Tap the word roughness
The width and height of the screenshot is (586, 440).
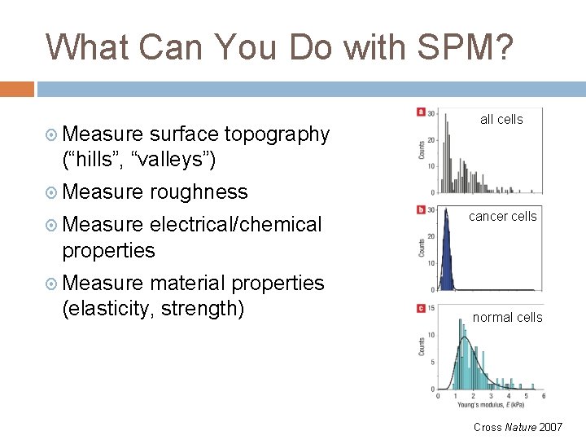click(x=199, y=192)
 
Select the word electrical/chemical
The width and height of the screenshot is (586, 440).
click(x=235, y=224)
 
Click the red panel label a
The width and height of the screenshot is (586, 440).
click(x=421, y=112)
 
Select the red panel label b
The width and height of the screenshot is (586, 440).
click(x=421, y=210)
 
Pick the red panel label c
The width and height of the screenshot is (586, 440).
click(x=421, y=308)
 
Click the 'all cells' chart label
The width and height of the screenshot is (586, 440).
click(x=501, y=120)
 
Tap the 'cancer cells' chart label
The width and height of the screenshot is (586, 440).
click(x=502, y=217)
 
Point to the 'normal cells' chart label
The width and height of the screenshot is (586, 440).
click(x=507, y=318)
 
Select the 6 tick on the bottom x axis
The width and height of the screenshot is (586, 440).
click(x=543, y=397)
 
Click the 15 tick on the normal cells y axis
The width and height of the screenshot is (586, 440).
click(x=431, y=308)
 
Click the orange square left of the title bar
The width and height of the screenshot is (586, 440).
click(x=16, y=89)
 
